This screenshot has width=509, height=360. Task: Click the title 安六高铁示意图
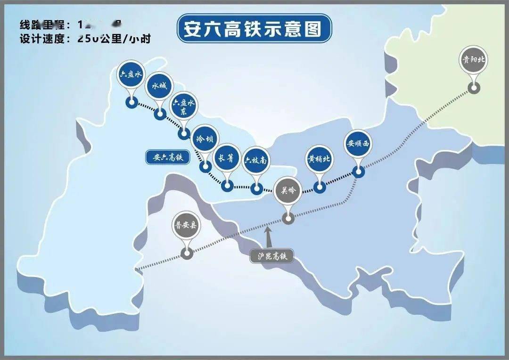[254, 29]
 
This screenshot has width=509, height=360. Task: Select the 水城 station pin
[159, 86]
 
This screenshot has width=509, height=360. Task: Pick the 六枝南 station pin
[256, 161]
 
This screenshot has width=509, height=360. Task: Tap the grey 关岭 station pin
[287, 190]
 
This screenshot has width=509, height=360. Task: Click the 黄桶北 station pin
[319, 159]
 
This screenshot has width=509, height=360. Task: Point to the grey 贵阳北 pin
[474, 60]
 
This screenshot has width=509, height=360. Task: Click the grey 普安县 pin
[187, 225]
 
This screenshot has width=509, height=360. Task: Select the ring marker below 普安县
[187, 254]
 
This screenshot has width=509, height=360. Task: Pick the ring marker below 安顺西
[359, 172]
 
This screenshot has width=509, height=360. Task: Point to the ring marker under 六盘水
[131, 102]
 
